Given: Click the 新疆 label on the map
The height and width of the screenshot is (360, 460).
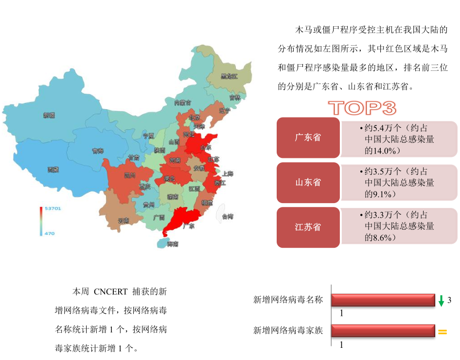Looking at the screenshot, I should [49, 115].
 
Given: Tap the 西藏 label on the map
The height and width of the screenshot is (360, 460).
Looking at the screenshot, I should [53, 170].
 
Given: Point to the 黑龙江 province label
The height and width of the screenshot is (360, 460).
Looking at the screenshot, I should [229, 76].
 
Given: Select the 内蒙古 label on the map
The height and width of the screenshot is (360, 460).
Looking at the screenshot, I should [183, 103].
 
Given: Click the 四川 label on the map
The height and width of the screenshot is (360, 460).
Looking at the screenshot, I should [129, 175].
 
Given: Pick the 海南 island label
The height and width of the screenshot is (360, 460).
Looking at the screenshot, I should [173, 243].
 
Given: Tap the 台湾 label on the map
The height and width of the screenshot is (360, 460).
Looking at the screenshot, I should [228, 216].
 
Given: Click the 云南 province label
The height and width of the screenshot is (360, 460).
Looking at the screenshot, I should [124, 220].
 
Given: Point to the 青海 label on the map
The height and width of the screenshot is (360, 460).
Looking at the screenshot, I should [98, 151].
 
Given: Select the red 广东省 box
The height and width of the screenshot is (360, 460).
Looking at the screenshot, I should [308, 137].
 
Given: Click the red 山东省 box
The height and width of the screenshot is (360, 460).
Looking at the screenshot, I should [308, 183].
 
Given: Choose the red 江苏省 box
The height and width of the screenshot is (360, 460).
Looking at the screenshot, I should [308, 227].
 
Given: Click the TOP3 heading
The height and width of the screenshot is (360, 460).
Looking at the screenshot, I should [362, 108].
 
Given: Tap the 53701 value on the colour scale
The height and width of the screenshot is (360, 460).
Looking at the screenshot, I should [53, 208].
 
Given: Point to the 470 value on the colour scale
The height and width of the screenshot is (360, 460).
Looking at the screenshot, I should [50, 234].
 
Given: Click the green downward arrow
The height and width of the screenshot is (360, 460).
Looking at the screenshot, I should [441, 301].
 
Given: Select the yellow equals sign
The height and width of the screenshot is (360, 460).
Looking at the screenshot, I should [442, 332].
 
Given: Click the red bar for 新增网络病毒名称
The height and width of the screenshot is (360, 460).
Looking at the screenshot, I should [383, 300].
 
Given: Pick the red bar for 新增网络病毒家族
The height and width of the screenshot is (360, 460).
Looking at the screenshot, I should [383, 331].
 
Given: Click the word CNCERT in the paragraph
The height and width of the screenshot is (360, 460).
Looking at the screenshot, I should [110, 292].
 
